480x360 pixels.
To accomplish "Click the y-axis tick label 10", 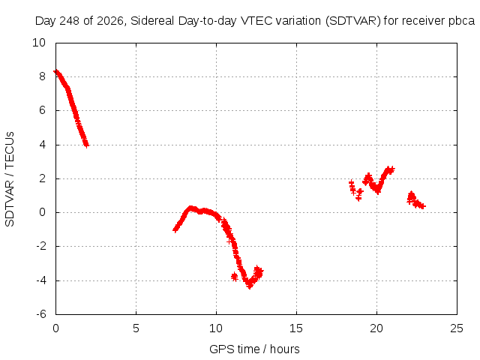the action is pyautogui.click(x=39, y=43).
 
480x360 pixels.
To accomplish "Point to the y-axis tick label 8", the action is pyautogui.click(x=42, y=76).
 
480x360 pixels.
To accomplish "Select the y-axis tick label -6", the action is pyautogui.click(x=40, y=314).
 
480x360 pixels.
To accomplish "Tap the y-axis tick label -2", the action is pyautogui.click(x=40, y=246).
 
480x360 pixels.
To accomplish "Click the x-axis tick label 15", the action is pyautogui.click(x=296, y=328).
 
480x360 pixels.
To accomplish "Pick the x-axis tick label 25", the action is pyautogui.click(x=457, y=328).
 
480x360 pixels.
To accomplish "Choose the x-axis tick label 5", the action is pyautogui.click(x=136, y=328).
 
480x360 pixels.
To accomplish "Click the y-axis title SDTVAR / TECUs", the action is pyautogui.click(x=10, y=179).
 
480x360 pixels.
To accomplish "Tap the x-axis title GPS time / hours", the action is pyautogui.click(x=254, y=349).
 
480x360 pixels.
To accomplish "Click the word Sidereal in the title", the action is pyautogui.click(x=152, y=21).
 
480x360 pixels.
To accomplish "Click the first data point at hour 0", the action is pyautogui.click(x=55, y=72).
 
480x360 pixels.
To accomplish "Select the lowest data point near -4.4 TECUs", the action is pyautogui.click(x=250, y=286).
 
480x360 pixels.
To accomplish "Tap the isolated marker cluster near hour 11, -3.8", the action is pyautogui.click(x=235, y=277).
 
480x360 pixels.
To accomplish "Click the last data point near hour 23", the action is pyautogui.click(x=423, y=206).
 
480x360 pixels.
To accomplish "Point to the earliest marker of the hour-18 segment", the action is pyautogui.click(x=352, y=183).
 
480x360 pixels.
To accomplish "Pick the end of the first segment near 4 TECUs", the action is pyautogui.click(x=87, y=145).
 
